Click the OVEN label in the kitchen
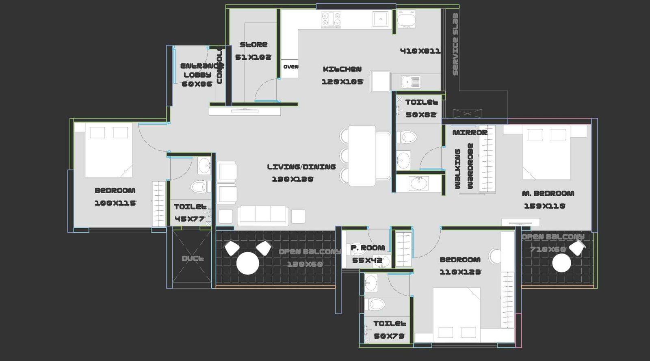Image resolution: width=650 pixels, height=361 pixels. pos(290,67)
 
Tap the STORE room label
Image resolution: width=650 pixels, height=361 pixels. pos(253,45)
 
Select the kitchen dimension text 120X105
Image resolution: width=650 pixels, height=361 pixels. pos(342,82)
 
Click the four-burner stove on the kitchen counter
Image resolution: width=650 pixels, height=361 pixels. pos(331,19)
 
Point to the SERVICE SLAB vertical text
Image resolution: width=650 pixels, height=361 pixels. pos(455,44)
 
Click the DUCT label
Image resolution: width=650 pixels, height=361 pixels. pos(193,258)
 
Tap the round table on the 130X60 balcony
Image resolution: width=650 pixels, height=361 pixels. pos(247,263)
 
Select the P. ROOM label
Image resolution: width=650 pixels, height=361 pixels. pos(368,248)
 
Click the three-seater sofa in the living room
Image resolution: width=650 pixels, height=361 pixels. pos(263,215)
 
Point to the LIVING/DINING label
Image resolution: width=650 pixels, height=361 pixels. pos(301,166)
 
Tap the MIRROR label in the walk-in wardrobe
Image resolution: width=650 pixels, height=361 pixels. pos(470,133)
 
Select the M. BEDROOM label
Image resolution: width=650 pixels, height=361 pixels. pos(548,193)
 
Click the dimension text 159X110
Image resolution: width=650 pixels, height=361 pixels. pos(544,206)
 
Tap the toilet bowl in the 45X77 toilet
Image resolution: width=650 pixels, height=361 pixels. pos(199,187)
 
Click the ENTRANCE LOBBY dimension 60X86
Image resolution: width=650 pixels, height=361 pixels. pos(197,84)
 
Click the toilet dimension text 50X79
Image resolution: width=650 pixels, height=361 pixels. pos(389,336)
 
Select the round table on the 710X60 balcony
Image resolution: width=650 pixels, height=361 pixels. pos(561,263)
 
